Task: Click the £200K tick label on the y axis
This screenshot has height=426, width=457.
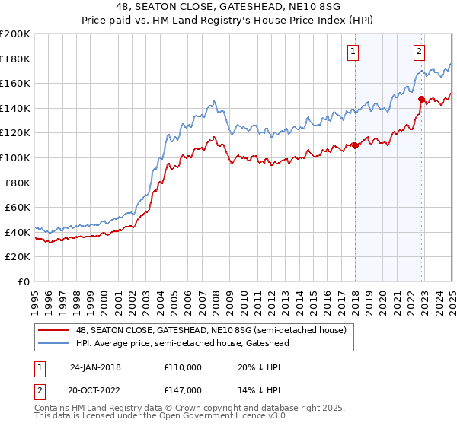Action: click(15, 34)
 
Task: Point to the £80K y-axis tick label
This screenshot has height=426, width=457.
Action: click(18, 183)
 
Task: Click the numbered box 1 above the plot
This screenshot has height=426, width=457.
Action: click(354, 52)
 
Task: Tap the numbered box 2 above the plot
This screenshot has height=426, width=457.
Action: click(420, 52)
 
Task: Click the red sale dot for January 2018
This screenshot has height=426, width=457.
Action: click(355, 145)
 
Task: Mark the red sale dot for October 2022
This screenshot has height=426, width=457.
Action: click(421, 99)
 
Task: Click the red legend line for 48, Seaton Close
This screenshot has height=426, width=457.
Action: click(54, 329)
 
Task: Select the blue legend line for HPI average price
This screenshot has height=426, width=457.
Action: click(54, 343)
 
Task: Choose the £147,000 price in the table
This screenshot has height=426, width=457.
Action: click(182, 389)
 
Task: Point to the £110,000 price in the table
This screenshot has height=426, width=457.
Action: click(182, 367)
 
